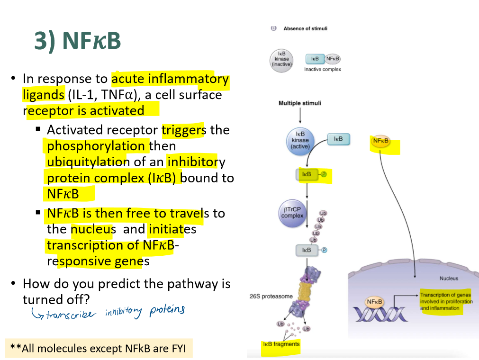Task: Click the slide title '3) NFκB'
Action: point(78,41)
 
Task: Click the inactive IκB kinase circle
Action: point(281,59)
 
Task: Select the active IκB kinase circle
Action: point(300,140)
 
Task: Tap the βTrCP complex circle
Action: point(292,212)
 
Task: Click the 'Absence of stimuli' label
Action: point(305,28)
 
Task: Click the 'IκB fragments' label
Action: point(281,344)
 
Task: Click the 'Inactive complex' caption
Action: point(322,69)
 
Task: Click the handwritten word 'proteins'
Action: point(167,310)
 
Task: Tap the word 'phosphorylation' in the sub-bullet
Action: point(96,145)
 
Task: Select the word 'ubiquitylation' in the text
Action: point(88,162)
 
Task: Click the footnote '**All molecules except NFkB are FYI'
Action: point(99,349)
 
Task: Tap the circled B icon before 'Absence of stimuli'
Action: point(273,28)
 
